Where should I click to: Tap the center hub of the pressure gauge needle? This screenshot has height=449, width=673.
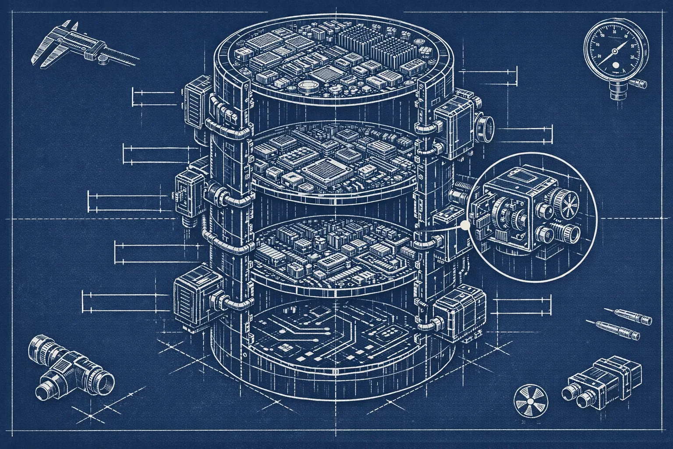point(614,52)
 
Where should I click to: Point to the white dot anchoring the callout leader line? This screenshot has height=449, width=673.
point(465,225)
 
